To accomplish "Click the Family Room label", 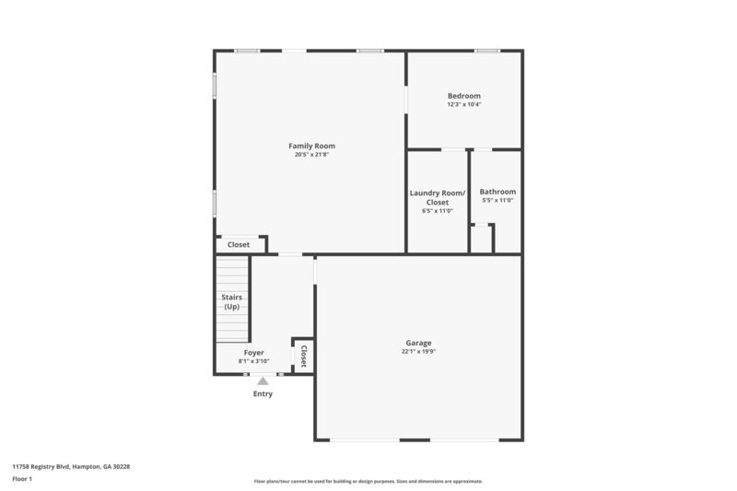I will (x=311, y=146).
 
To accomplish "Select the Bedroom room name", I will (x=464, y=96).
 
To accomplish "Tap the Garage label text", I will (x=418, y=343).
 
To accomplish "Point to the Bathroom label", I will (x=497, y=192).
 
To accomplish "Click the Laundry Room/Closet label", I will (x=438, y=197).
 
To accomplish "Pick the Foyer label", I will (x=254, y=353).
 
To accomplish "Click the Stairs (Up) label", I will (x=231, y=301).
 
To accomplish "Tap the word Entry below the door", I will (x=263, y=393).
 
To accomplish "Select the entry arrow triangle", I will (x=263, y=380).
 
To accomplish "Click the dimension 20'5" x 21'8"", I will (x=311, y=155).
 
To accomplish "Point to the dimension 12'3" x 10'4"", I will (x=464, y=104).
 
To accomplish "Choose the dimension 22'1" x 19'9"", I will (x=418, y=351).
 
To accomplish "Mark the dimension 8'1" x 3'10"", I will (x=254, y=361).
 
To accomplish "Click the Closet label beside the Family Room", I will (x=239, y=245).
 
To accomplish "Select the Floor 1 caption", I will (x=22, y=479).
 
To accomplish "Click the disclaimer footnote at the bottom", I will (x=368, y=481).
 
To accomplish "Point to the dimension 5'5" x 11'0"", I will (x=497, y=201).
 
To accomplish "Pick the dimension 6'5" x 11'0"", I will (x=438, y=211).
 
